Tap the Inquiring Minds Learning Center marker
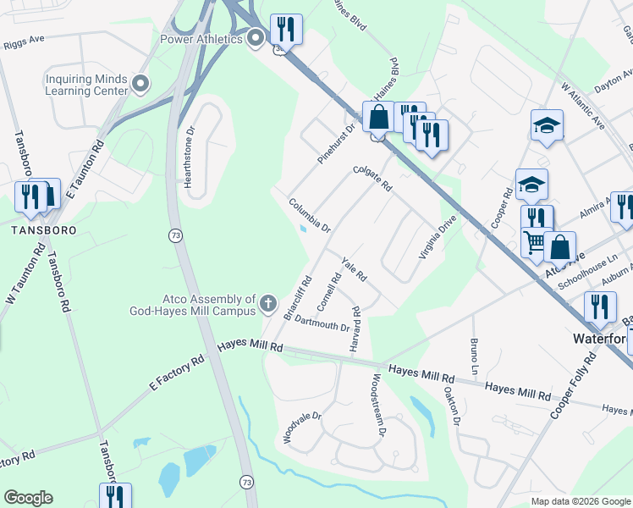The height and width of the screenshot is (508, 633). coord(140,83)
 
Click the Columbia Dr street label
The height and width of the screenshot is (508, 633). coord(309,214)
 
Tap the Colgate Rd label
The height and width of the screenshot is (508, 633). coord(372,178)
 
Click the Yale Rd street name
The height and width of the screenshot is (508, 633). coord(353,269)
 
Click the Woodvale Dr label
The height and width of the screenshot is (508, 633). coord(303,428)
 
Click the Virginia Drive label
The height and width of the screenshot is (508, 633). coord(438,236)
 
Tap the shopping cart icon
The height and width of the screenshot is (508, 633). coord(535,242)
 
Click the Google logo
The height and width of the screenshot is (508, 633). coord(28,498)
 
